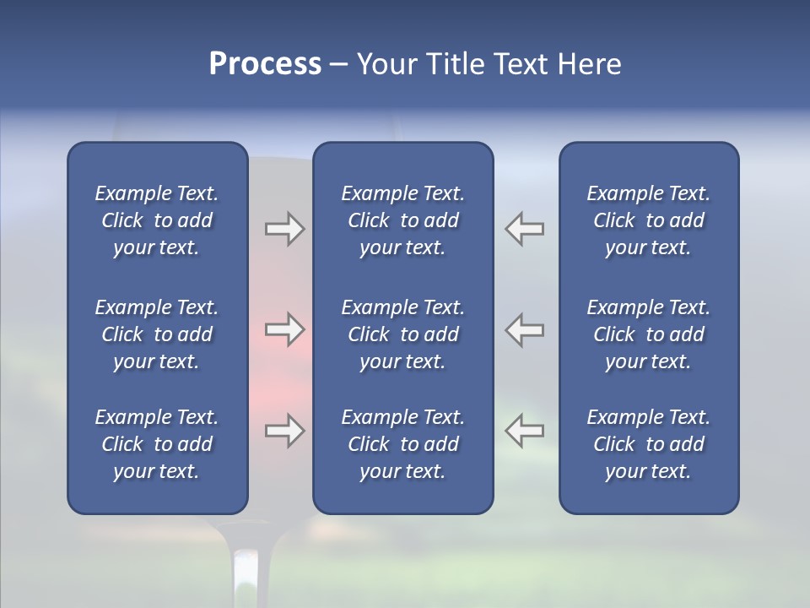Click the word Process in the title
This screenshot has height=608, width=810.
[265, 64]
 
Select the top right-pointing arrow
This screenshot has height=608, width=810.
[285, 229]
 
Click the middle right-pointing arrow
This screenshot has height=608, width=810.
[285, 329]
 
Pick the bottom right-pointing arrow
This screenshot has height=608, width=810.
[285, 431]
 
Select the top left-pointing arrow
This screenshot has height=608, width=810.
[524, 229]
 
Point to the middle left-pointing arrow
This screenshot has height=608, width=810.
[524, 329]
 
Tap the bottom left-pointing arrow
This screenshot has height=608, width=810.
[524, 431]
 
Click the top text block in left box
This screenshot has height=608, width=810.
[157, 220]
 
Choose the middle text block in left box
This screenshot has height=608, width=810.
[157, 334]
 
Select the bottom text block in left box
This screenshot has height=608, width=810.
[157, 444]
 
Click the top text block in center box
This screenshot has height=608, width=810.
[402, 220]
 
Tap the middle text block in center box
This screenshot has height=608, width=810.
[402, 334]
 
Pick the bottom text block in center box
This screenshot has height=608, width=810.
[402, 444]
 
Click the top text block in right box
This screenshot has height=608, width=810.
[648, 220]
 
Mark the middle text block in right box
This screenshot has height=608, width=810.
[648, 334]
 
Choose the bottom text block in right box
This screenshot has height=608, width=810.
[648, 444]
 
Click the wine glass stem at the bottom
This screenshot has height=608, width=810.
[245, 574]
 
